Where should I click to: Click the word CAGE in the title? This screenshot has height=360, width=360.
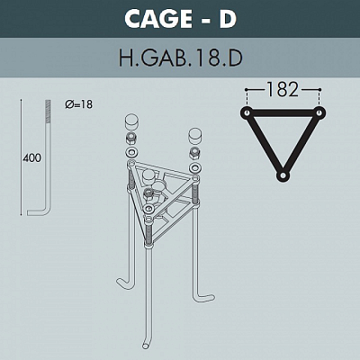point(158,18)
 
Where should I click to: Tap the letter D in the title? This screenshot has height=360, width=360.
point(228,19)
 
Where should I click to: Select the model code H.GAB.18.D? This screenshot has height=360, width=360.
point(181,58)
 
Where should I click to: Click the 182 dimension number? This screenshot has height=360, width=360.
point(283,89)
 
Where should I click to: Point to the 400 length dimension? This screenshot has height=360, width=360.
point(32,157)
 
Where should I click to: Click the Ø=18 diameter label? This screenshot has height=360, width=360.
point(79,104)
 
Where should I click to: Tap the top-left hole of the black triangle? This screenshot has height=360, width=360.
point(247,112)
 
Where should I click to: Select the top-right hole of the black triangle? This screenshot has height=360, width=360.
point(319,112)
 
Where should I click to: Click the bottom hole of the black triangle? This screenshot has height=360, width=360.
point(283,175)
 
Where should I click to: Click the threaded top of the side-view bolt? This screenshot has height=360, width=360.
point(48,111)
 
